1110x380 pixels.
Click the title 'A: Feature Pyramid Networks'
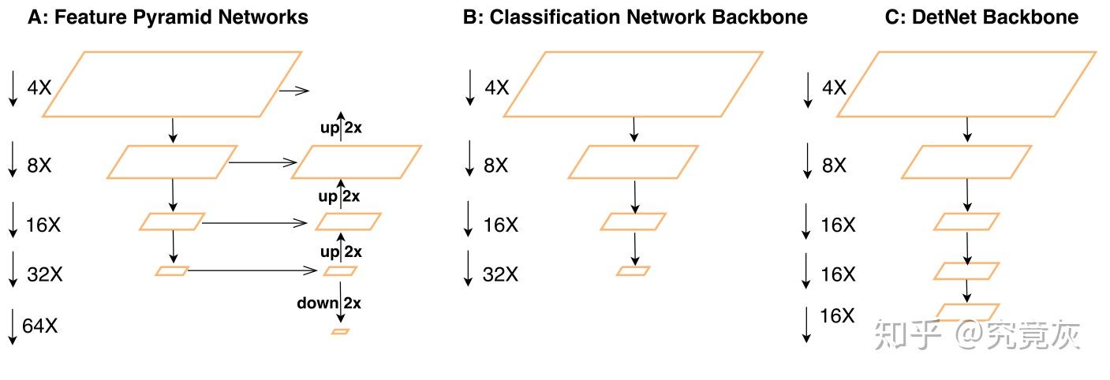pyautogui.click(x=167, y=17)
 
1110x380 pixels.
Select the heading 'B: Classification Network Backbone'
pyautogui.click(x=634, y=17)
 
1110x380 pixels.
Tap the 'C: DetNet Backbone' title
pyautogui.click(x=981, y=17)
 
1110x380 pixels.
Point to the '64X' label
pyautogui.click(x=40, y=326)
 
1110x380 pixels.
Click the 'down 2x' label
pyautogui.click(x=329, y=304)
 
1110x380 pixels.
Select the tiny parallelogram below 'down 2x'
pyautogui.click(x=340, y=332)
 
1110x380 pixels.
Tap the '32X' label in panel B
pyautogui.click(x=500, y=274)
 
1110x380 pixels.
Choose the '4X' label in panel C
pyautogui.click(x=834, y=87)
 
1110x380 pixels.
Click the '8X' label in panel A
pyautogui.click(x=40, y=166)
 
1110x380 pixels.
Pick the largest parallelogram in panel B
pyautogui.click(x=633, y=84)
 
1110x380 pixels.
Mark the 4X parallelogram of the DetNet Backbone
pyautogui.click(x=966, y=84)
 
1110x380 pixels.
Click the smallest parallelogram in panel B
pyautogui.click(x=633, y=271)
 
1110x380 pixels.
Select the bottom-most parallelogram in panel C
pyautogui.click(x=966, y=312)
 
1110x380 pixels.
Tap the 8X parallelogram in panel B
pyautogui.click(x=633, y=162)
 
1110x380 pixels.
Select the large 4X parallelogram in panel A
pyautogui.click(x=171, y=84)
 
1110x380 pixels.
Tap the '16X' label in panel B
pyautogui.click(x=500, y=225)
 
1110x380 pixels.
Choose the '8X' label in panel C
pyautogui.click(x=834, y=166)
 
